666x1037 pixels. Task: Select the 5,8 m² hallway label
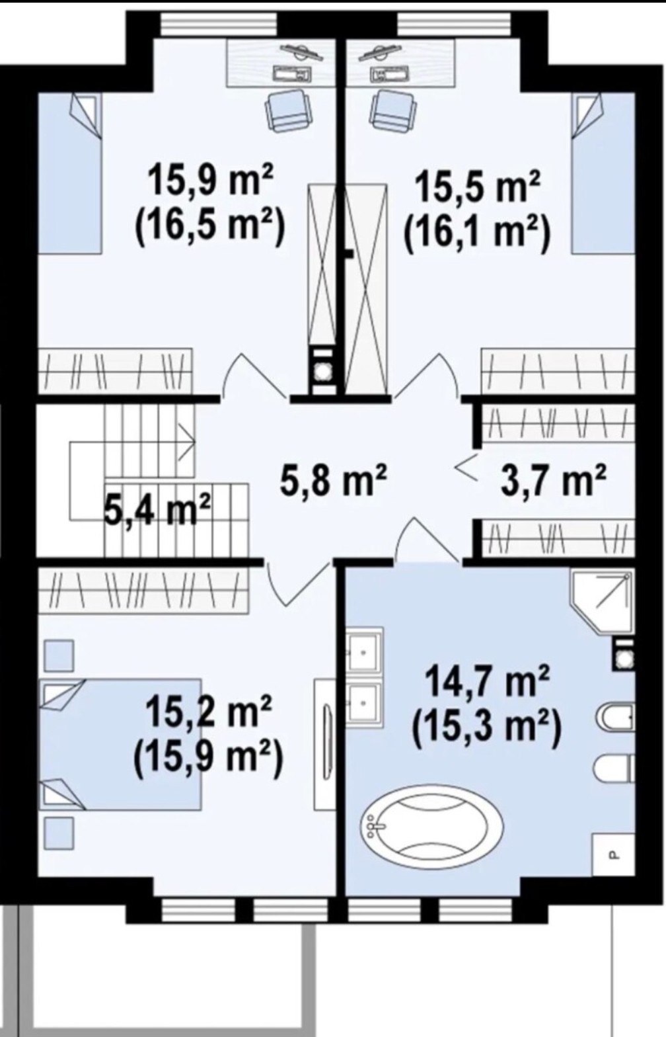[x=334, y=481]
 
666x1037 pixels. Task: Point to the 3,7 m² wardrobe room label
[x=554, y=481]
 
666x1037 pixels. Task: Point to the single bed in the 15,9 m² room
[x=69, y=173]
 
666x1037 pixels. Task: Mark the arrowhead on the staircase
[x=189, y=441]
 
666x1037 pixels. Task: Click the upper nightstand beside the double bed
[x=59, y=655]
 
